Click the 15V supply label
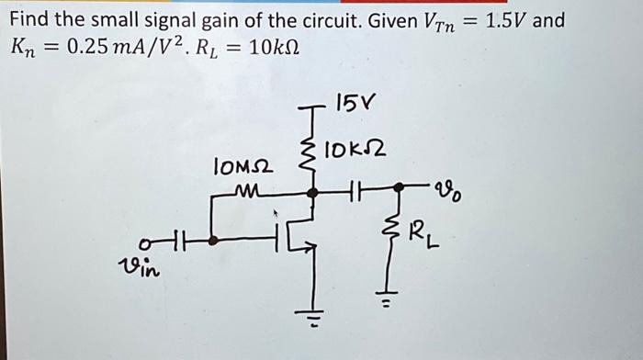[353, 102]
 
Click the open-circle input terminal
[145, 242]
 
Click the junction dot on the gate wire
[213, 242]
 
